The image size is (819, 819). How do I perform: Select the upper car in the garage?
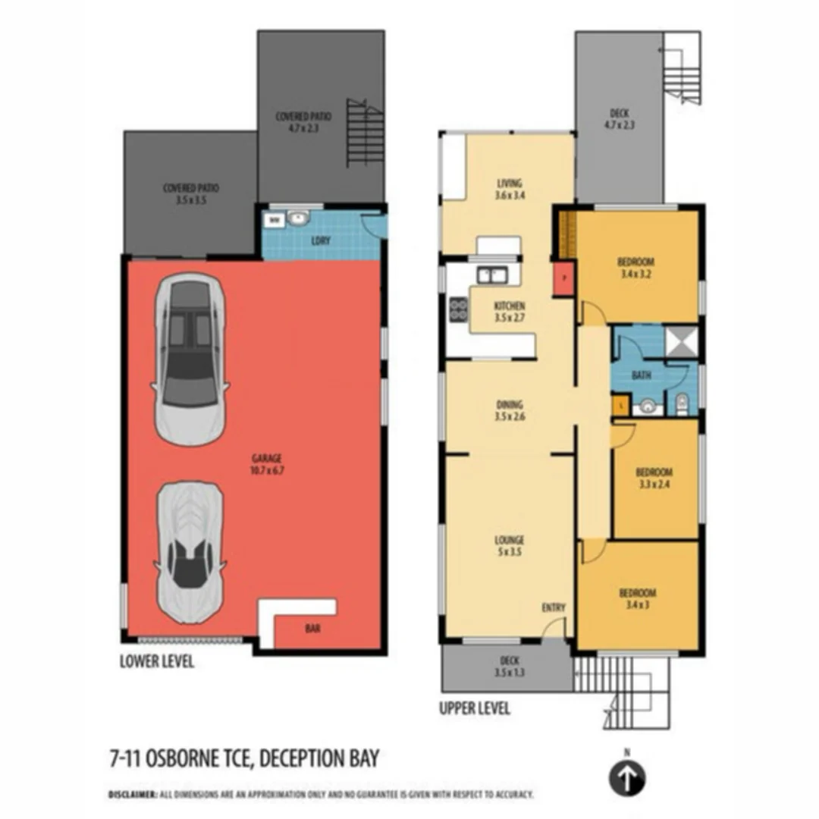(x=190, y=360)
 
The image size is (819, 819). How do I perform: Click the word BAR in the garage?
(x=312, y=629)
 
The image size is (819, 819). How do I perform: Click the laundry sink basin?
(x=297, y=220)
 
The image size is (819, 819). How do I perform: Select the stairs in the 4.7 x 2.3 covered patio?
(x=365, y=133)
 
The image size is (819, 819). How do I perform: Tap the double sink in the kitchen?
(x=492, y=275)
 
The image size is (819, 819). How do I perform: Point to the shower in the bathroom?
(x=680, y=340)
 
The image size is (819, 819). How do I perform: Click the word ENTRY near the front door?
(x=554, y=607)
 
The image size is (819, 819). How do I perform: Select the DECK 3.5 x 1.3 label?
(x=507, y=667)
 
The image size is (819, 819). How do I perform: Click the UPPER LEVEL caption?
(x=475, y=709)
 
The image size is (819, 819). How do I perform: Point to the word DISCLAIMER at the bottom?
(x=132, y=795)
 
